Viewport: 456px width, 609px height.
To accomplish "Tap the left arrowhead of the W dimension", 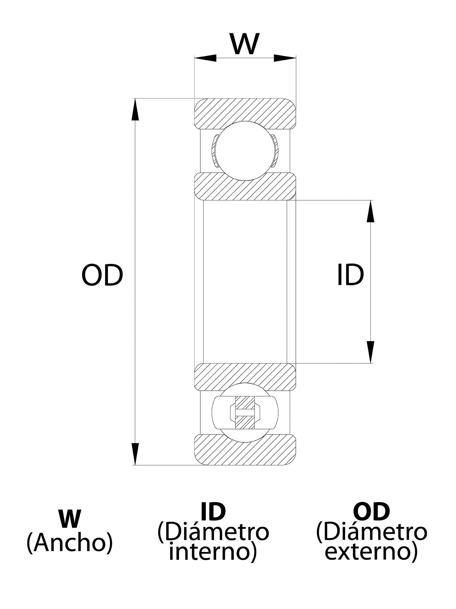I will point(206,58).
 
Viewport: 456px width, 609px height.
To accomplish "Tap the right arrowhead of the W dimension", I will point(285,58).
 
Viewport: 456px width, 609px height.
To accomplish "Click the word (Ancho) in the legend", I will point(70,542).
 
